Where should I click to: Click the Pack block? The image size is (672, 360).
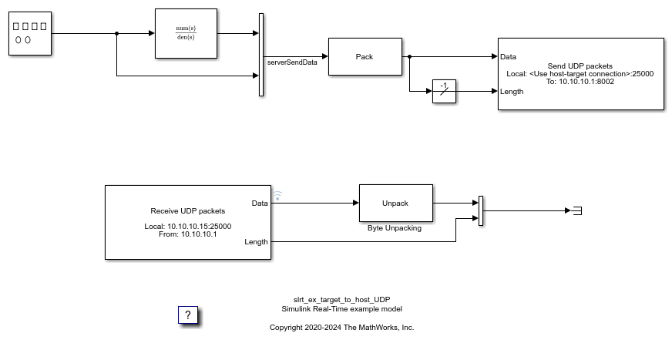point(365,56)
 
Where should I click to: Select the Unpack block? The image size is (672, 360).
point(396,204)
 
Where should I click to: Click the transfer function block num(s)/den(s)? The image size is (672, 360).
point(186,33)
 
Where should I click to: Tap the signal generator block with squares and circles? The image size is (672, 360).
point(30,33)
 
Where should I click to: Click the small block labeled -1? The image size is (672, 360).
point(444,91)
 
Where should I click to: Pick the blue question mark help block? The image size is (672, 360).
point(188,315)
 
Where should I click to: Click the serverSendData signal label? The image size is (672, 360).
point(292,62)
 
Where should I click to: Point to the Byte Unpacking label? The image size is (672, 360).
point(395,228)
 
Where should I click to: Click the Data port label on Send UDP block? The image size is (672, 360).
point(508,56)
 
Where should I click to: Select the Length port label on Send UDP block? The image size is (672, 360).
point(511,91)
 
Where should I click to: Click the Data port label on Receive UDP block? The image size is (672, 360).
point(260,204)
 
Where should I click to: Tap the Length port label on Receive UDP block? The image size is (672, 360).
point(257,242)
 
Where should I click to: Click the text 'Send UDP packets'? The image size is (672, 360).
point(580,66)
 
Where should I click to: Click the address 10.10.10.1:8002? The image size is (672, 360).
point(586,82)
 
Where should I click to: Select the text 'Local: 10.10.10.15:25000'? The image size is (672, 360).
point(188,227)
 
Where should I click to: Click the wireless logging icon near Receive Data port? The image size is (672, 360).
point(277,196)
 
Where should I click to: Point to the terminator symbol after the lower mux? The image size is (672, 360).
point(577,210)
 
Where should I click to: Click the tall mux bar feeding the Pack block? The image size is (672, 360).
point(261,55)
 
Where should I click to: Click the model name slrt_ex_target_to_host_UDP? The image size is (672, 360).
point(341,300)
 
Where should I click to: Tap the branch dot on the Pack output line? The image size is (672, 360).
point(410,56)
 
